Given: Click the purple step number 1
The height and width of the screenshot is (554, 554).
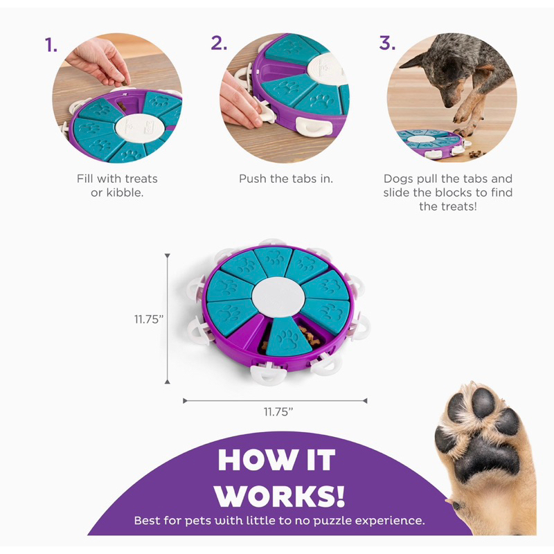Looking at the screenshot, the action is coord(51,45).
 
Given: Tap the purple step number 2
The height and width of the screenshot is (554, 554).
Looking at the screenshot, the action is coord(219,43).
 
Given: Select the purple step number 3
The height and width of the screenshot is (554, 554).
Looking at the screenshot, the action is coord(387,43).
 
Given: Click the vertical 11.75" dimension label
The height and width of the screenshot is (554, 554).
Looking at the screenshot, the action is coord(149,319).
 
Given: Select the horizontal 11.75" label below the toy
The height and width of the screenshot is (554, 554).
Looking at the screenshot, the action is coord(278,411).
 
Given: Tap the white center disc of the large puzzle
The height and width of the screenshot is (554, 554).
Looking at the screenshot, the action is coord(278,296).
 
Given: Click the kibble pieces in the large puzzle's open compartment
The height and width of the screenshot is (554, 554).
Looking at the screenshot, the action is coord(309,337).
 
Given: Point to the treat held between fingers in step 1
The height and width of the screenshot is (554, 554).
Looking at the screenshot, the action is coord(124,83).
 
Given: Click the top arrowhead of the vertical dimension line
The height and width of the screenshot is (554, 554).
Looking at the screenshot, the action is coord(168,256).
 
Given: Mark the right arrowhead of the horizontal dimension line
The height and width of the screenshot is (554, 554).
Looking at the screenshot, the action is coord(365,401).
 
